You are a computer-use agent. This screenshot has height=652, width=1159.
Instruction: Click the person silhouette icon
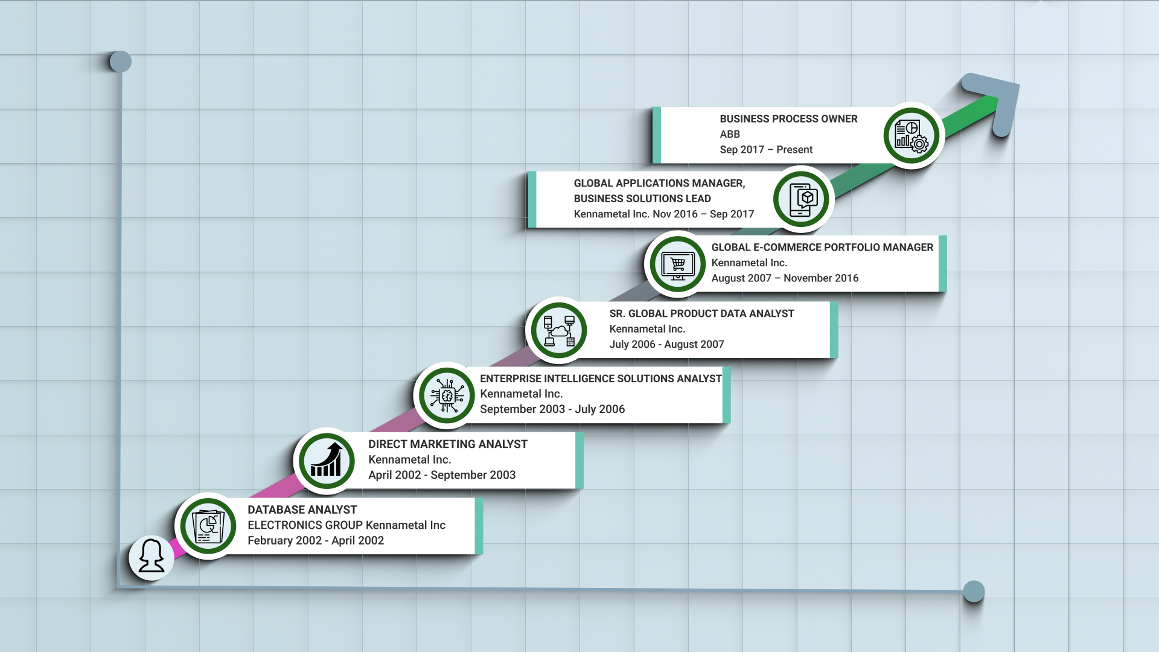152,557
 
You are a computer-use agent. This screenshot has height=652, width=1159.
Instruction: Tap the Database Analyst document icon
208,526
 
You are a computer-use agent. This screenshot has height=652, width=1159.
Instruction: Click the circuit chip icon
447,396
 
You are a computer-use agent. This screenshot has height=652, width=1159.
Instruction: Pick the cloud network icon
559,331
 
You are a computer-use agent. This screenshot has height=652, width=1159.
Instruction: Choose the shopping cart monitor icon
677,264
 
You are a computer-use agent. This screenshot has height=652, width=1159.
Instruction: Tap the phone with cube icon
802,200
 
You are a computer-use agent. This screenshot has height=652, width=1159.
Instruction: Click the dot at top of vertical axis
121,62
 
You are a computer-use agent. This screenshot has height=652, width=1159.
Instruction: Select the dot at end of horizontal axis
974,591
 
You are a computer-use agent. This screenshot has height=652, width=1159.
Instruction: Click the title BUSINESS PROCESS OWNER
788,119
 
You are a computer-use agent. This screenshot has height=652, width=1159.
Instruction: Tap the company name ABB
730,134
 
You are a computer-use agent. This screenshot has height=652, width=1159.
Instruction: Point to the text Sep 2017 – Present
766,150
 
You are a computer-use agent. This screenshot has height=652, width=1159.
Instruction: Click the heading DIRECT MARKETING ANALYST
448,444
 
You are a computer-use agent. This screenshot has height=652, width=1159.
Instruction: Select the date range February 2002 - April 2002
316,541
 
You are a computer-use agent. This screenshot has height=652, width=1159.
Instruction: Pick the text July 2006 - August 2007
666,345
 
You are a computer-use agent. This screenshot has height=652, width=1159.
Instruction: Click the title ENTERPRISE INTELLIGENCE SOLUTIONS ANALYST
601,379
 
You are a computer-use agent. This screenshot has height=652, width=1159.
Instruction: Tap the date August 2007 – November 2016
785,278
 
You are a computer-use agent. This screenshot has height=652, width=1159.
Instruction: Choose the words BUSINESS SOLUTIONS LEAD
642,199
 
